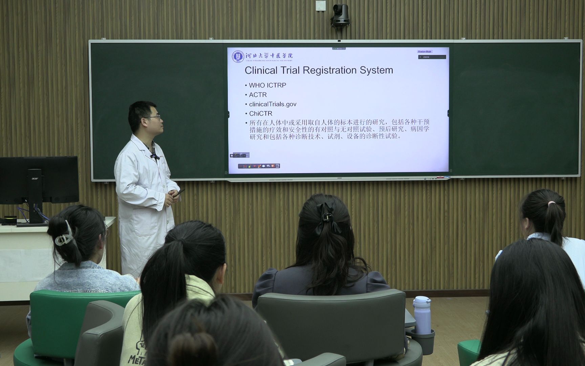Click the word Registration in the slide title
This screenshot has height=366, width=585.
tap(330, 70)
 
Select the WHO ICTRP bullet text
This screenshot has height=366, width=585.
tap(267, 85)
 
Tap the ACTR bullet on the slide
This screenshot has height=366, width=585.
tap(258, 95)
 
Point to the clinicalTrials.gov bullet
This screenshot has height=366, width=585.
tap(273, 104)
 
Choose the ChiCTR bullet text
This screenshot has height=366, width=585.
tap(260, 114)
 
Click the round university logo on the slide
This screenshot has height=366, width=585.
tap(238, 56)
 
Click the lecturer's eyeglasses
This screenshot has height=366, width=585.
tap(154, 118)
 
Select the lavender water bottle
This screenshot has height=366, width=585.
tap(422, 315)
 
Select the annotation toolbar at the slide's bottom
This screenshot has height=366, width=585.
tap(259, 166)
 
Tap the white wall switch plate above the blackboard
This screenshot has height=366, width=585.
tap(320, 6)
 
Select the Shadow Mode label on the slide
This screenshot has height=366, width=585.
tap(425, 52)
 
